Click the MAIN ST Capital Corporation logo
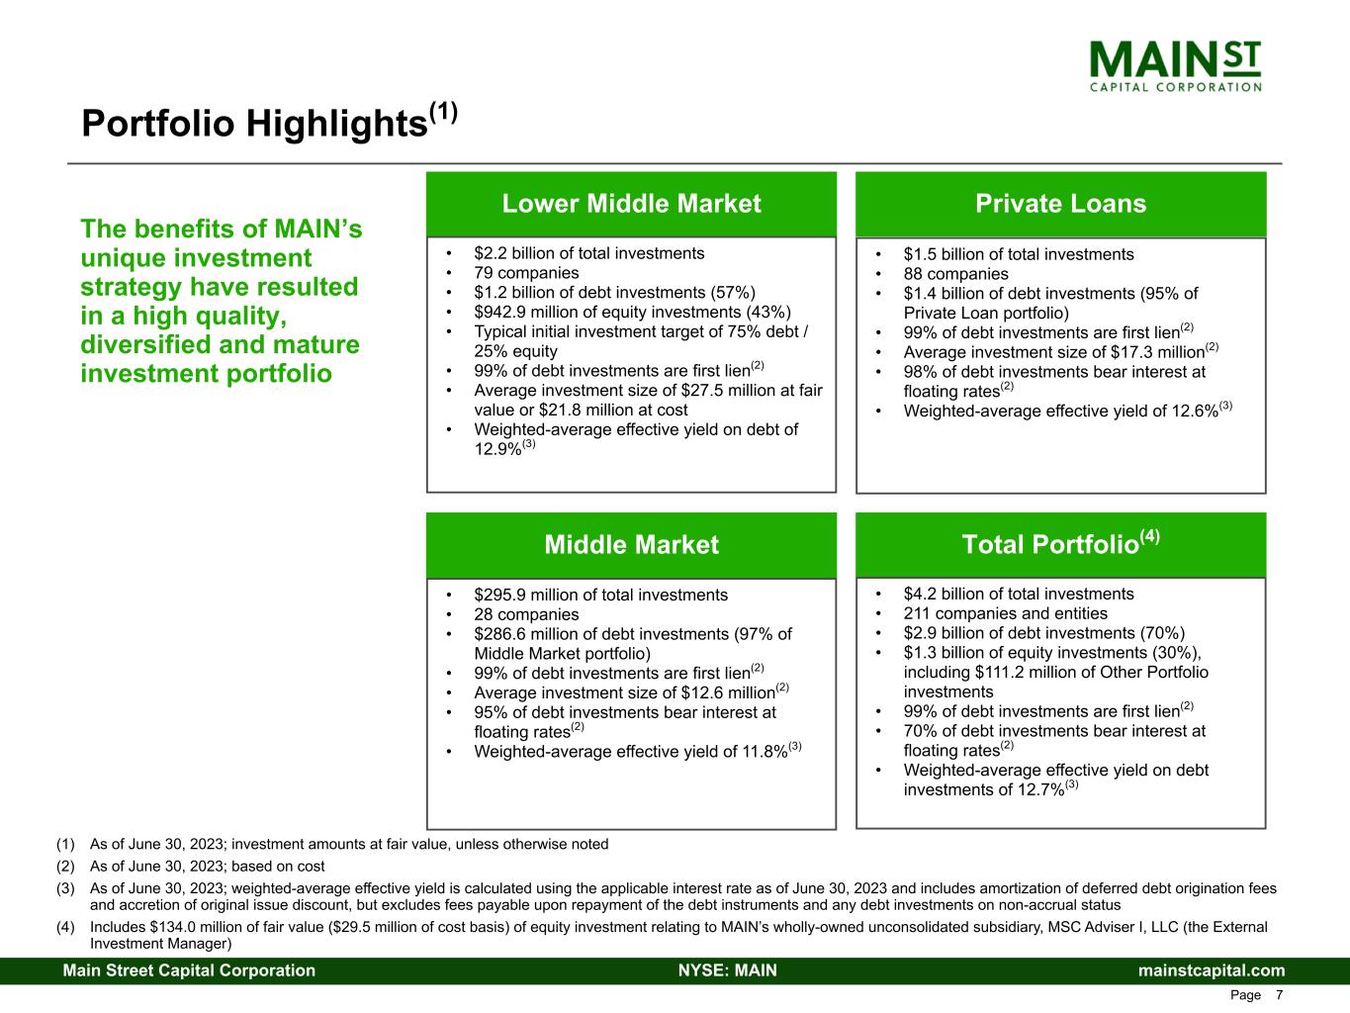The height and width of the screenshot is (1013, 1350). coord(1175,66)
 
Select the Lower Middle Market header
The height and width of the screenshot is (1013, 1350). coord(631,204)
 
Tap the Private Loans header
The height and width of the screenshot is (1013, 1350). coord(1060,204)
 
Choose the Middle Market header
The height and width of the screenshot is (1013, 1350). coord(631,544)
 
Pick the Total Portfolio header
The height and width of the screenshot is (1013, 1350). coord(1060,542)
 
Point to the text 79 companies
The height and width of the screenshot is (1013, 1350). coord(526,272)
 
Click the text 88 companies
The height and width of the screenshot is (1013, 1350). coord(955,274)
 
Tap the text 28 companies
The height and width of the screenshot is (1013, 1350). coord(526,614)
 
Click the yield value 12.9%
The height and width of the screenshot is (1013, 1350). coord(497,449)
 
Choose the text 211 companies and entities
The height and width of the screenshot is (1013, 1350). coord(1006,613)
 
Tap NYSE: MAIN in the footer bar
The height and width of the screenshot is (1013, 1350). coord(728,969)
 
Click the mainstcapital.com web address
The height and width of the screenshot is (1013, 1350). coord(1212,969)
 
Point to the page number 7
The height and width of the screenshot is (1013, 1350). coord(1279,995)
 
